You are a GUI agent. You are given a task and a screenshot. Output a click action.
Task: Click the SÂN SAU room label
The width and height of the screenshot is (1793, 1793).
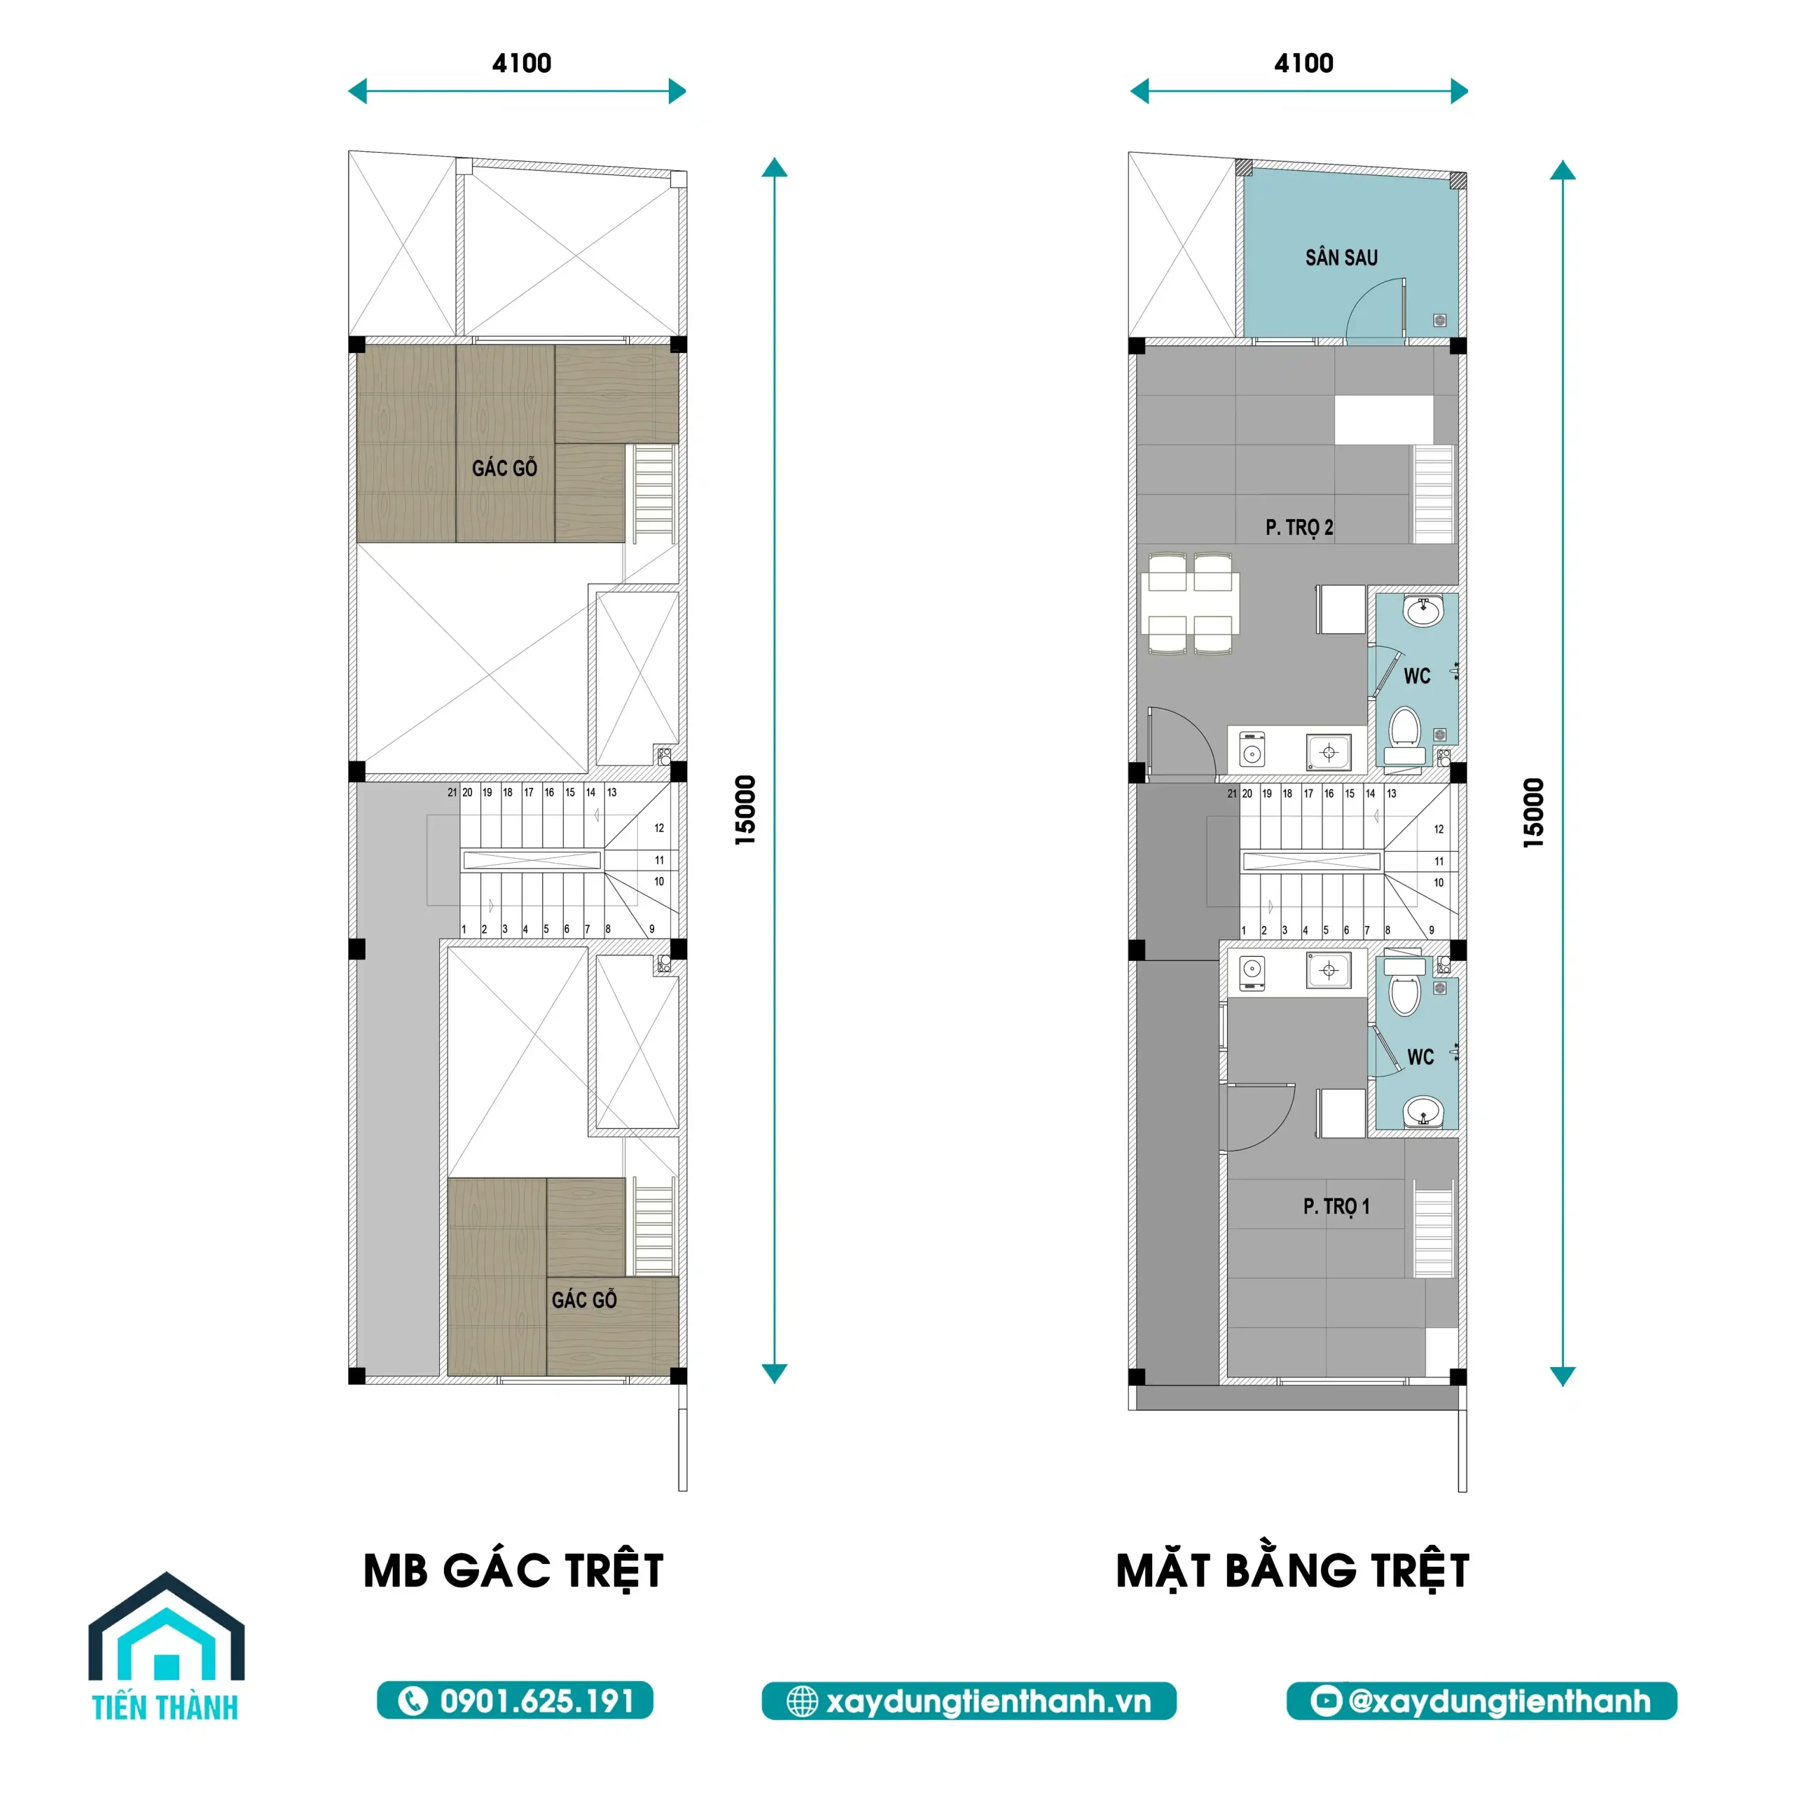[x=1341, y=257]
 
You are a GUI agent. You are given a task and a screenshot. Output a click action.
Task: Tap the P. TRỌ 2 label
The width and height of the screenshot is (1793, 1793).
[x=1299, y=527]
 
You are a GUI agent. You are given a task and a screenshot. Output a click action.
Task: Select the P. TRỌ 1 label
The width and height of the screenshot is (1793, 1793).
[x=1336, y=1207]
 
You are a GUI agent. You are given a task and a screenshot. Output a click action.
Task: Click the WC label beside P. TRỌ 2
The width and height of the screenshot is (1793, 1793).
[x=1416, y=676]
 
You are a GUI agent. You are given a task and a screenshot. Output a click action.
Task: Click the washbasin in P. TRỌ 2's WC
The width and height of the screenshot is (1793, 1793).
[x=1422, y=611]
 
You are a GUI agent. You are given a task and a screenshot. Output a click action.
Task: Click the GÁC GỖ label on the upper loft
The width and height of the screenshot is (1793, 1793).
[x=504, y=468]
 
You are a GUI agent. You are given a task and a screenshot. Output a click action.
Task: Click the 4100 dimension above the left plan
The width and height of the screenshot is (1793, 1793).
[x=522, y=63]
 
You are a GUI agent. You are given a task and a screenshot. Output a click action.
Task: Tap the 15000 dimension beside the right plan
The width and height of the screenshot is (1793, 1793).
[x=1533, y=813]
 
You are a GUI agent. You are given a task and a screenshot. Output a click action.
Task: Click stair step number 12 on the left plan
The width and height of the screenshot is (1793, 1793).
[x=659, y=828]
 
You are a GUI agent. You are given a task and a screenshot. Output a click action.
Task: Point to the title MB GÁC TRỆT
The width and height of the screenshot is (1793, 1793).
[x=513, y=1571]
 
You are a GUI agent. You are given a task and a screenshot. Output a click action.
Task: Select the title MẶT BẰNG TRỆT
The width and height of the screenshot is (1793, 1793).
[x=1293, y=1571]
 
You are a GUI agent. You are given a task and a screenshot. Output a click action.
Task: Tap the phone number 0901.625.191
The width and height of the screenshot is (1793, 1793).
[x=515, y=1701]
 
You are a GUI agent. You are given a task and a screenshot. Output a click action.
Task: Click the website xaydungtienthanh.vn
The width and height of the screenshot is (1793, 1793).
[x=969, y=1701]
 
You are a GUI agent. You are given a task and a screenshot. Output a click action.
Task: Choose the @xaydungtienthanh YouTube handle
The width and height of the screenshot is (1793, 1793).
[x=1481, y=1701]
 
